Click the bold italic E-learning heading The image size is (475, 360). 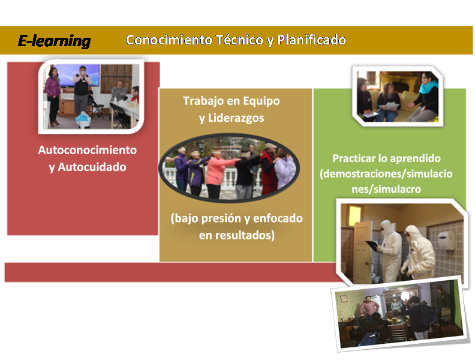(54, 41)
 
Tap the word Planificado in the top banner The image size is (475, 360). (311, 40)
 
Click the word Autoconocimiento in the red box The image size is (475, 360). (87, 150)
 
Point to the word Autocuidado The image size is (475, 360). (92, 167)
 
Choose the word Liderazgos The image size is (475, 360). (236, 118)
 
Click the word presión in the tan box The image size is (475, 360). (224, 218)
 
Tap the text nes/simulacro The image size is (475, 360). (386, 190)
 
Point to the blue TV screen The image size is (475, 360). (78, 75)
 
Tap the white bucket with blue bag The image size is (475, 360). (83, 119)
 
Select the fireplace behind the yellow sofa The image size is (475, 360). (398, 82)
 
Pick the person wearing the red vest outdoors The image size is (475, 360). (269, 169)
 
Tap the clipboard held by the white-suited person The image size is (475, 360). (372, 245)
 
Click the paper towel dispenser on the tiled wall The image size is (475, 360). (446, 240)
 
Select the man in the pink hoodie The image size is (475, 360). (369, 308)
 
